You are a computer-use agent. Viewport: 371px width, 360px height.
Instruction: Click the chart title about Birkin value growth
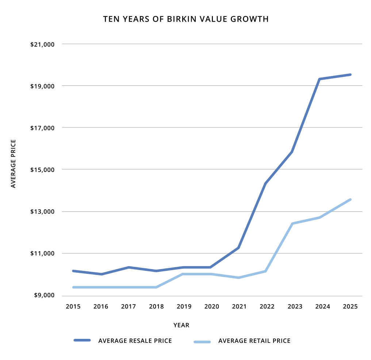tap(186, 19)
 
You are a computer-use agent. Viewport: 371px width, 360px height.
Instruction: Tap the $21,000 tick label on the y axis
tap(42, 45)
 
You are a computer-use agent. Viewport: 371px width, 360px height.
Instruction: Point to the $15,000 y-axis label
tap(42, 170)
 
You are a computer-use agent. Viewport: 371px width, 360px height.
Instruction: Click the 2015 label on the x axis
tap(73, 307)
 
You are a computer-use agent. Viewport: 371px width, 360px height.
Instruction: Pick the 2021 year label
tap(239, 307)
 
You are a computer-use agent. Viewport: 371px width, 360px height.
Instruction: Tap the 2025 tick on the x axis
tap(350, 307)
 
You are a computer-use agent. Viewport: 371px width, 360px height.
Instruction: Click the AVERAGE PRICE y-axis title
tap(14, 164)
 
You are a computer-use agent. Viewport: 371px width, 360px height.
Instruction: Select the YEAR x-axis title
tap(181, 325)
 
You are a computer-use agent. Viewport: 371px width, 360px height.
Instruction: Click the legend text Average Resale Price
tap(135, 341)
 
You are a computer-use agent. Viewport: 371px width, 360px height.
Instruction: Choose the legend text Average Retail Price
tap(255, 341)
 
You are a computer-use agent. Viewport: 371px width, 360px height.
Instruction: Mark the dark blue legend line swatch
tap(82, 340)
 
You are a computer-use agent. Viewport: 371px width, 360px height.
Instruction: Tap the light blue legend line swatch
tap(202, 342)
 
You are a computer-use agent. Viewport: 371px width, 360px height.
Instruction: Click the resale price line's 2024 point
tap(320, 79)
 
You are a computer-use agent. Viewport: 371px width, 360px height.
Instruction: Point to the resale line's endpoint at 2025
tap(350, 74)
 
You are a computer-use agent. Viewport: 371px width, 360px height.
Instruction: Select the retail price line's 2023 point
tap(293, 223)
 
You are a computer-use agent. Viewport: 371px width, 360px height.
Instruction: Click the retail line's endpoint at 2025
tap(350, 199)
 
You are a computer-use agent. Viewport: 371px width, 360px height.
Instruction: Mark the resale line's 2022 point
tap(266, 183)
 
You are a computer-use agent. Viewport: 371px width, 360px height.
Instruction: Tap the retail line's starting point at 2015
tap(73, 287)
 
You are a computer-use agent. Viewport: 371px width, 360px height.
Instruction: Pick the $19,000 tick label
tap(42, 86)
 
